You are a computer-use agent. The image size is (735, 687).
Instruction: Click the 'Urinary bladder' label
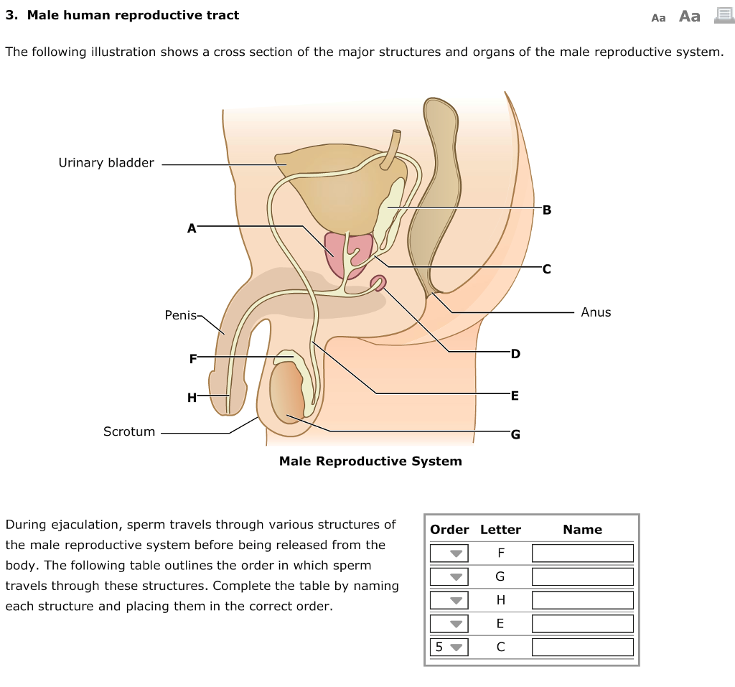tap(106, 163)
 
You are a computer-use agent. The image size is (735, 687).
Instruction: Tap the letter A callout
tap(191, 228)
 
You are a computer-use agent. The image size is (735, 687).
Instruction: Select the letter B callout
tap(548, 210)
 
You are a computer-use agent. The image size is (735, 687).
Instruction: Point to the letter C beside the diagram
tap(547, 270)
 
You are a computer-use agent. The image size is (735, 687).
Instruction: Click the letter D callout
tap(515, 354)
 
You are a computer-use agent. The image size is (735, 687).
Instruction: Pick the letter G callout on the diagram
tap(515, 434)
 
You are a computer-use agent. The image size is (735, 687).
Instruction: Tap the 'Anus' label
tap(596, 312)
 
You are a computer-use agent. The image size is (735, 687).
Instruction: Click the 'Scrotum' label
tap(129, 431)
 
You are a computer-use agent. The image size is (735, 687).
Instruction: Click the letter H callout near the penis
tap(192, 397)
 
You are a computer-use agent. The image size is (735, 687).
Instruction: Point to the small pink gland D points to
tap(378, 284)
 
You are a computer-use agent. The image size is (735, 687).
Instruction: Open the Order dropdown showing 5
tap(449, 647)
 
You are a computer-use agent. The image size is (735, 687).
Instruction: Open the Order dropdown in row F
tap(449, 553)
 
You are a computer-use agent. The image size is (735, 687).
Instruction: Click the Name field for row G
tap(582, 576)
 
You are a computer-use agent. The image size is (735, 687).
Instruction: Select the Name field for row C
tap(582, 647)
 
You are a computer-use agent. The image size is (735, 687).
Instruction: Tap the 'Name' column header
tap(582, 530)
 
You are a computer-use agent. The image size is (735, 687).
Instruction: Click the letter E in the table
tap(500, 623)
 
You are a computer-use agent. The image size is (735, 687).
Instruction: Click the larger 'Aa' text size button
tap(689, 17)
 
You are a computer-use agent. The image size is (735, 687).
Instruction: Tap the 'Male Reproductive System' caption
tap(370, 461)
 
